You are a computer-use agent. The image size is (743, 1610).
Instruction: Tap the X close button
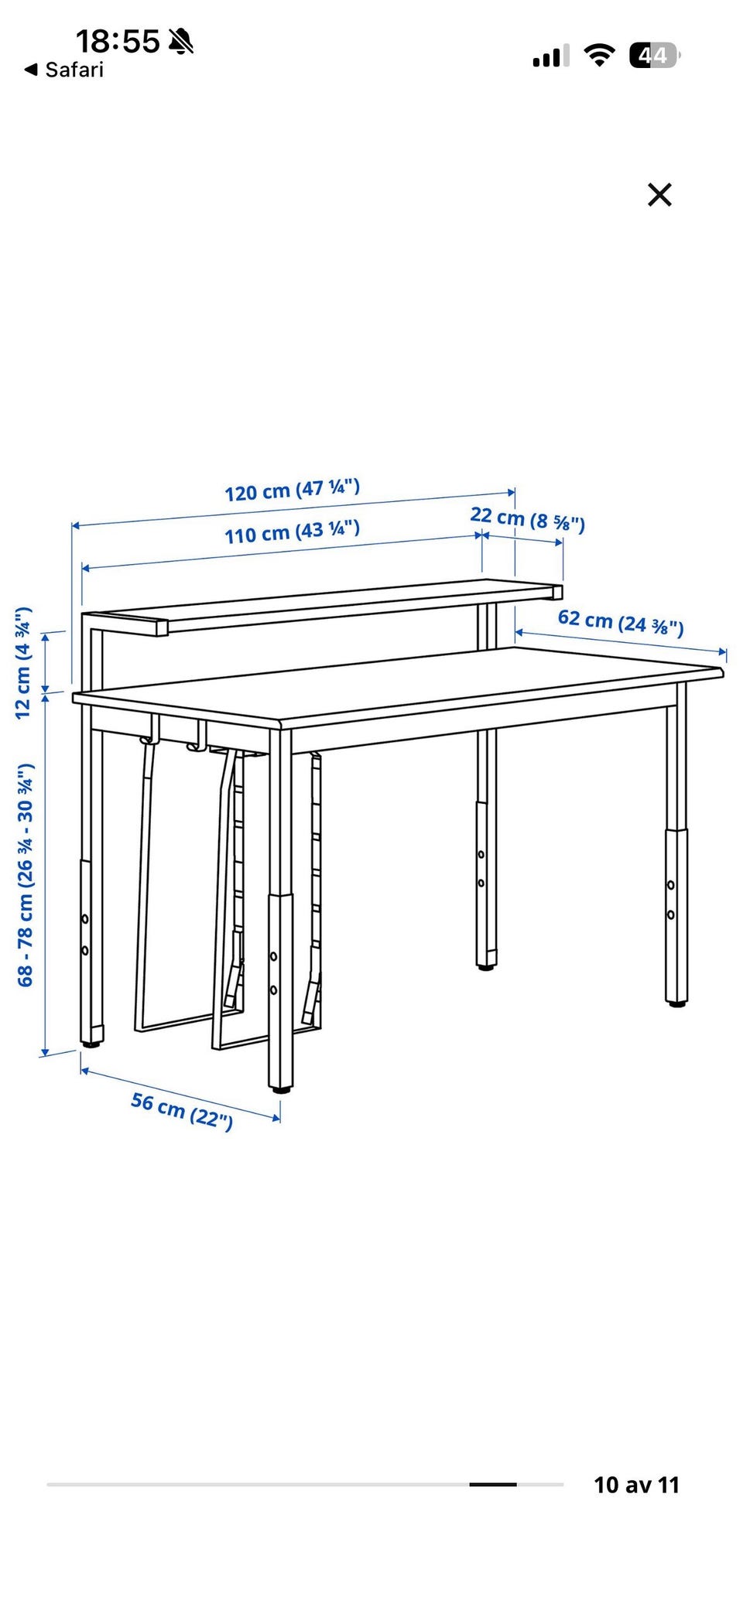659,195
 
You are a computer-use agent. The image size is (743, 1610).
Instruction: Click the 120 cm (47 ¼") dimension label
293,490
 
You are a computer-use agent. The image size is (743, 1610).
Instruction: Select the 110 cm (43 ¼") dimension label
293,532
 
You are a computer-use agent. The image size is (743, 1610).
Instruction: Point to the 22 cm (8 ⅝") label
527,519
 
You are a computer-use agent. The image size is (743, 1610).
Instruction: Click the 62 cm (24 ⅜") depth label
621,622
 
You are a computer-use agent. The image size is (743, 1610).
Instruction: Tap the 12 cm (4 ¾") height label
24,663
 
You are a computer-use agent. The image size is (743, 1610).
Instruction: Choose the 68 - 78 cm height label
26,875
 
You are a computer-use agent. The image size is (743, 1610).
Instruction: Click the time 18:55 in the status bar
118,41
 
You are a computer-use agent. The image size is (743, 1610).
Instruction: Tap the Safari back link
64,70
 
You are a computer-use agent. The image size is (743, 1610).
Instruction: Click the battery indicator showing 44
654,55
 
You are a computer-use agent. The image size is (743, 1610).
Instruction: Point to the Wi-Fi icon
599,55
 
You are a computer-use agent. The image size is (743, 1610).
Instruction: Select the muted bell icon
181,41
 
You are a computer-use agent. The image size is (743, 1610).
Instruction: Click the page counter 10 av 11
636,1485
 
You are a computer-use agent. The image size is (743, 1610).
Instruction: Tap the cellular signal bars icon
550,56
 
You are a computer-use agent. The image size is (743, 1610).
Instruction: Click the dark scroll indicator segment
492,1485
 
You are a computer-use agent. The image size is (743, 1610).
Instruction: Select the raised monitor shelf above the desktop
322,607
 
